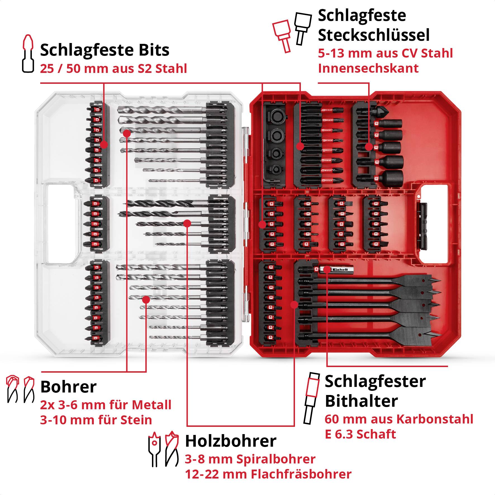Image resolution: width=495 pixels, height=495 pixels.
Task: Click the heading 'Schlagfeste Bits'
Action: (x=105, y=50)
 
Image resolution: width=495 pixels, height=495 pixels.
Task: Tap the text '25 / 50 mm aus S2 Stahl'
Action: (x=113, y=69)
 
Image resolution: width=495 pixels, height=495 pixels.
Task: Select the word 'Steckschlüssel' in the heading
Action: (x=374, y=35)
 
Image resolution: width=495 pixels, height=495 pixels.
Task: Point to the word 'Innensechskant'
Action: (x=368, y=68)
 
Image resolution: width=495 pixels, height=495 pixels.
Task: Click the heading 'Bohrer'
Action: (x=68, y=387)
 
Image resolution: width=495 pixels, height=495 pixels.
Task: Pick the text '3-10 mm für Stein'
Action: (x=96, y=420)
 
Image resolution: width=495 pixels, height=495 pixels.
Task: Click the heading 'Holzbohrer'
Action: (x=230, y=441)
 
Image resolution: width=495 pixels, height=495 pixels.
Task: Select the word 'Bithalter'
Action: (x=361, y=401)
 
